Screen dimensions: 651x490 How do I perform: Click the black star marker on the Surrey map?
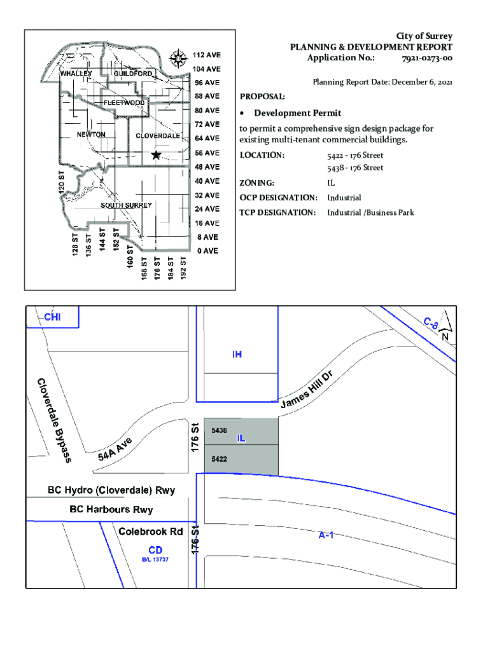pos(156,154)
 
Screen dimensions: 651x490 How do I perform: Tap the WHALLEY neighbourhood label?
pos(76,74)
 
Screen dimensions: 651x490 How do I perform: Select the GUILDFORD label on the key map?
pos(133,74)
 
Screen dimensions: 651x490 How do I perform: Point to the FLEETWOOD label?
pos(124,102)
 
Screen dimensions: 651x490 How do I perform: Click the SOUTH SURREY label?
pos(126,205)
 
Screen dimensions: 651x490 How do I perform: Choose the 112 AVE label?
pos(207,55)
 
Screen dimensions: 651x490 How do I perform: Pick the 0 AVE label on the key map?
pos(207,251)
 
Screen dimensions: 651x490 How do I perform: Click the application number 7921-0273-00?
pos(427,58)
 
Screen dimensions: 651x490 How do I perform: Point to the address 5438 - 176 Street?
pos(355,168)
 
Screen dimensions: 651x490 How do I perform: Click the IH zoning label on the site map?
pos(237,354)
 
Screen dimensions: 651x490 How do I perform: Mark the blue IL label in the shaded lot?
pos(241,439)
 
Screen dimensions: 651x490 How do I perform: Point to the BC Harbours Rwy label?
pos(111,510)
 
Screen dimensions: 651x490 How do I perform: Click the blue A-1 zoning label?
pos(326,535)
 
